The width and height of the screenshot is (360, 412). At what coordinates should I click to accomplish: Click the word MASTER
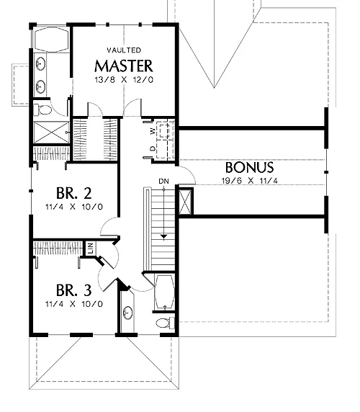(123, 66)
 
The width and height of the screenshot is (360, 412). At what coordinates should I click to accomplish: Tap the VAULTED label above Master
(124, 50)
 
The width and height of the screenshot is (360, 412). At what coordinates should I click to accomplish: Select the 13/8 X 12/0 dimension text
(124, 80)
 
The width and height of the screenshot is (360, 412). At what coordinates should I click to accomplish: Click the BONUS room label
(249, 167)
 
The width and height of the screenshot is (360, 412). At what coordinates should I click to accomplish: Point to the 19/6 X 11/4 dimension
(249, 181)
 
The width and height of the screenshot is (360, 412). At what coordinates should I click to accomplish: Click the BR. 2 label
(73, 193)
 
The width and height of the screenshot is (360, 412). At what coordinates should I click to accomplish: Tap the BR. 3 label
(73, 290)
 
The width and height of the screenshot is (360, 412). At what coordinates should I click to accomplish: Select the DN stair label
(163, 181)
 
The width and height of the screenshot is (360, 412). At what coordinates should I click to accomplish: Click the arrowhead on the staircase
(164, 236)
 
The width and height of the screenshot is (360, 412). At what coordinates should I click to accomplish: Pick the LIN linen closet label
(91, 248)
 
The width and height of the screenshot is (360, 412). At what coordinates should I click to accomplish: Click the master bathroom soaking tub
(51, 40)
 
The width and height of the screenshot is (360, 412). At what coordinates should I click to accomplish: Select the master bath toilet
(42, 109)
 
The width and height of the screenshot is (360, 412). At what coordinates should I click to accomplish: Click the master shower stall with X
(51, 133)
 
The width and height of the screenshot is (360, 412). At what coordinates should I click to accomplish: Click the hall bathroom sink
(128, 313)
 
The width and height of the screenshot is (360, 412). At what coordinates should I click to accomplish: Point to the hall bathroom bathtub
(165, 292)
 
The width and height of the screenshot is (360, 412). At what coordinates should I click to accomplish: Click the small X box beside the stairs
(186, 202)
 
